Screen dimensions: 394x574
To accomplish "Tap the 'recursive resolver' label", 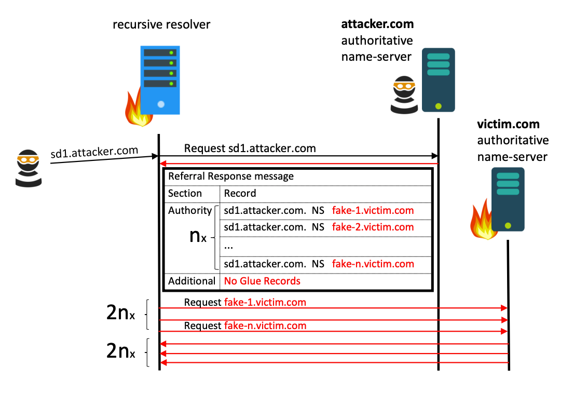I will tap(161, 24).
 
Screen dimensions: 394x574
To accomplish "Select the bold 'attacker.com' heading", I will tap(377, 24).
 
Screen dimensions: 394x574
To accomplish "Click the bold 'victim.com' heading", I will tap(508, 125).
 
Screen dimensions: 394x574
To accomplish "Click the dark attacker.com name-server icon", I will tap(438, 79).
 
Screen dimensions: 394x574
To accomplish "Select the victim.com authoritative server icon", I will tap(508, 199).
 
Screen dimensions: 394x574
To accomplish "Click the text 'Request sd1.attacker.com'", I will tap(250, 148).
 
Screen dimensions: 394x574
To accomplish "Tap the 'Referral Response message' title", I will tap(231, 176).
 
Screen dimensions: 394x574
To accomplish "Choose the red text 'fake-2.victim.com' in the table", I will tap(373, 227).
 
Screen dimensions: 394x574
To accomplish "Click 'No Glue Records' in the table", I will tap(262, 281).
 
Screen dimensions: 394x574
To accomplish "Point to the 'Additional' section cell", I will tap(192, 281).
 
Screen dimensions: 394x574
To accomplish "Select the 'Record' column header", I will tap(240, 194).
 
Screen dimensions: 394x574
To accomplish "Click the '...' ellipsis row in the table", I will tap(229, 247).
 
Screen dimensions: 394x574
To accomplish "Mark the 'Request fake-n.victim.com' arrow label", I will tap(245, 326).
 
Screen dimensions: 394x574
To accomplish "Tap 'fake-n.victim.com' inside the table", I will tap(373, 264).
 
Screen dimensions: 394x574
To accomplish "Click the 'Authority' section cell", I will tap(189, 211).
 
